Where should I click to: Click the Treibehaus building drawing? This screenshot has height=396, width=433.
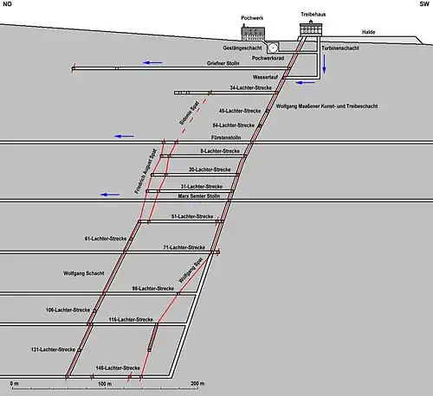pyautogui.click(x=311, y=29)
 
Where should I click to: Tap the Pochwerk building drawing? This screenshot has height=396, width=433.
pyautogui.click(x=253, y=33)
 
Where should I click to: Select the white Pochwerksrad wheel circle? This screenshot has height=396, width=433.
pyautogui.click(x=273, y=48)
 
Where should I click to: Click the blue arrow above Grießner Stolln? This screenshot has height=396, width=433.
pyautogui.click(x=152, y=62)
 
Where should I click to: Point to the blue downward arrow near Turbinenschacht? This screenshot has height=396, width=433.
pyautogui.click(x=324, y=64)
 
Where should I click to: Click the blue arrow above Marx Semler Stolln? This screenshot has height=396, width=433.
pyautogui.click(x=110, y=195)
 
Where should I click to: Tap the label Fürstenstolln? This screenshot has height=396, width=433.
pyautogui.click(x=226, y=137)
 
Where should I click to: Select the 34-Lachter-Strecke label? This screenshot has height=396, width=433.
pyautogui.click(x=251, y=87)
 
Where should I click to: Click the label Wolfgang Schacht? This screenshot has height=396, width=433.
pyautogui.click(x=84, y=273)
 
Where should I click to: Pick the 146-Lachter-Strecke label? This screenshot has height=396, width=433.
pyautogui.click(x=118, y=368)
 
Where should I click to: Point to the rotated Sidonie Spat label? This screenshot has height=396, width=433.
pyautogui.click(x=189, y=112)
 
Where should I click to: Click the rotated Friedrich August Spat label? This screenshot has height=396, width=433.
pyautogui.click(x=145, y=171)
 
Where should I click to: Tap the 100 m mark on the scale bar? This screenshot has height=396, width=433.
pyautogui.click(x=105, y=384)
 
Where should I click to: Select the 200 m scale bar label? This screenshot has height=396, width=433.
pyautogui.click(x=197, y=384)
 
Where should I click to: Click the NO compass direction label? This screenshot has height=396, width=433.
pyautogui.click(x=7, y=4)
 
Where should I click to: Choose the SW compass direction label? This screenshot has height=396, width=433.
pyautogui.click(x=424, y=4)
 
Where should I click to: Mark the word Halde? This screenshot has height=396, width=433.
pyautogui.click(x=369, y=32)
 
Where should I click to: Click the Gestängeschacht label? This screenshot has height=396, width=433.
pyautogui.click(x=242, y=48)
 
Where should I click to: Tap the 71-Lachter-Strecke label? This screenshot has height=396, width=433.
pyautogui.click(x=184, y=247)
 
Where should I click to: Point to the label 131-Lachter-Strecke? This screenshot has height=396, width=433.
pyautogui.click(x=53, y=349)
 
